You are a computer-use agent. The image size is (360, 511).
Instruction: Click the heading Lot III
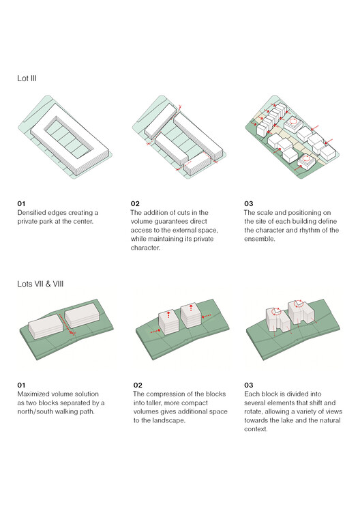(27, 78)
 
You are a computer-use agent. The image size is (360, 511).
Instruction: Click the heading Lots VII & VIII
(40, 284)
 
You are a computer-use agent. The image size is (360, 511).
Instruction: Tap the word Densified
(31, 212)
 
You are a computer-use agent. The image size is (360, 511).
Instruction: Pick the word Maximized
(33, 394)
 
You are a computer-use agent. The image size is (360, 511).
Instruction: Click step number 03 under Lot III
(249, 204)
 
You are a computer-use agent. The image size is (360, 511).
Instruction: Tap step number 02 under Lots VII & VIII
(138, 385)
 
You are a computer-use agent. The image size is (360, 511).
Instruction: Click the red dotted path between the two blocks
(67, 324)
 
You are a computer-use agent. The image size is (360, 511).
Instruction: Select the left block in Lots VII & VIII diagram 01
(46, 326)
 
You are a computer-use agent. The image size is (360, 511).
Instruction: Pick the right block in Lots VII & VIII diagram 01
(82, 315)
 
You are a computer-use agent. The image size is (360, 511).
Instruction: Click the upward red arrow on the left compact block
(168, 315)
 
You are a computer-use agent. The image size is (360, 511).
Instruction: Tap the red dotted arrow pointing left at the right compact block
(207, 316)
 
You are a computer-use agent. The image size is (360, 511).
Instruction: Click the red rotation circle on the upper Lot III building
(293, 122)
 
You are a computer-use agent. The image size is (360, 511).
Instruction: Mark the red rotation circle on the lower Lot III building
(306, 159)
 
